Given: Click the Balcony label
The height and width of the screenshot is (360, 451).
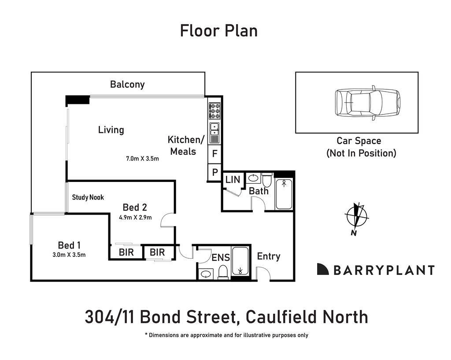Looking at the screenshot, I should [x=127, y=84].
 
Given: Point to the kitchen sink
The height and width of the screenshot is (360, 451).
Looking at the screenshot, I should [x=214, y=129].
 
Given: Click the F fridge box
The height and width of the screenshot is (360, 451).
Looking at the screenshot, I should [x=214, y=154].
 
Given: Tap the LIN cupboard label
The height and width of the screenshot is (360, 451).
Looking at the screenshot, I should [x=233, y=180].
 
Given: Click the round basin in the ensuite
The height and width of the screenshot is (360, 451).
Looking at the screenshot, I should [x=206, y=274].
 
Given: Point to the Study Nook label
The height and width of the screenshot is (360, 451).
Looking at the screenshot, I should [x=88, y=197].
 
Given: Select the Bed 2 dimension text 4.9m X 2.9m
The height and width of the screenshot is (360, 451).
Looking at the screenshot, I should [x=135, y=217].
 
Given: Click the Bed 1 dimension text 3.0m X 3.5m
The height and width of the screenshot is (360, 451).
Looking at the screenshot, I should [x=69, y=254].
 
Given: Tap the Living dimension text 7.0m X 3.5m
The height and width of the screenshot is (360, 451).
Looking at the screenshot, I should [x=142, y=158].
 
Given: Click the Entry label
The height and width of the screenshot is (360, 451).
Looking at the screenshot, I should [x=269, y=256].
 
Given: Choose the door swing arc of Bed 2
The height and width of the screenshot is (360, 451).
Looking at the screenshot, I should [x=167, y=219].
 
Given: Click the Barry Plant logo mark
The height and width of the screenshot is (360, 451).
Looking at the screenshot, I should [x=323, y=270].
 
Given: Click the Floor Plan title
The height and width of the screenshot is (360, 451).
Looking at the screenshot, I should [x=219, y=31].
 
